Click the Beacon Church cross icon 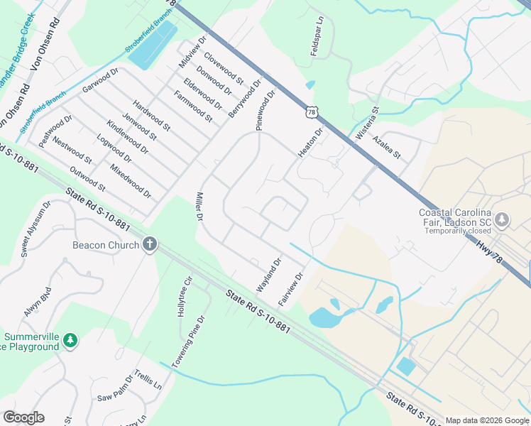tap(149, 245)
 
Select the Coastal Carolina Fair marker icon tap(503, 219)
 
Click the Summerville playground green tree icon tap(70, 341)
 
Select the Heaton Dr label tap(310, 143)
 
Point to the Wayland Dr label tap(269, 275)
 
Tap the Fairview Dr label tap(291, 289)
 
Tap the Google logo tap(23, 417)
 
